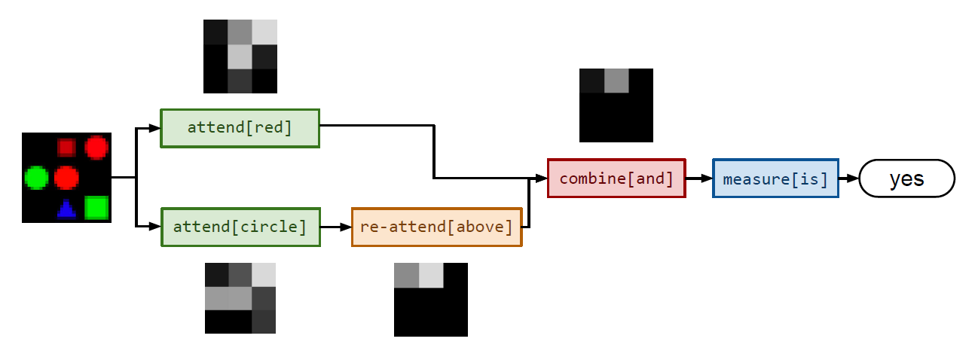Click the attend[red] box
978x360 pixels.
(240, 128)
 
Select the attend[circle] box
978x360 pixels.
(240, 227)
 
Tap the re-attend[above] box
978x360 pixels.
(436, 227)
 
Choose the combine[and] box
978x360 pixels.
(616, 178)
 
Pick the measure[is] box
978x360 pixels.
(775, 178)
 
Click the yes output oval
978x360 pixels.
(906, 178)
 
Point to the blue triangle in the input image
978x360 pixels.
(67, 209)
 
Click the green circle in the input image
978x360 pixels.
(35, 178)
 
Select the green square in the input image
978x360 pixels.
(96, 207)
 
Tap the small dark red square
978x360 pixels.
(66, 147)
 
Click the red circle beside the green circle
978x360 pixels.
(66, 178)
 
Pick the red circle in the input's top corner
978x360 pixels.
(96, 147)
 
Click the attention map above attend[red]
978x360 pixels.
(240, 56)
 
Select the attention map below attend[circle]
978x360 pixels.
(240, 297)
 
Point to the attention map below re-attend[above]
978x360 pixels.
(430, 299)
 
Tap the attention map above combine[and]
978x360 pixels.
(616, 105)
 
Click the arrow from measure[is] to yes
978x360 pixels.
(848, 178)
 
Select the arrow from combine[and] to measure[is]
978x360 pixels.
(698, 178)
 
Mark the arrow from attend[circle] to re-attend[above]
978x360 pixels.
(335, 227)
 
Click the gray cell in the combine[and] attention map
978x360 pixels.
(616, 81)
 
